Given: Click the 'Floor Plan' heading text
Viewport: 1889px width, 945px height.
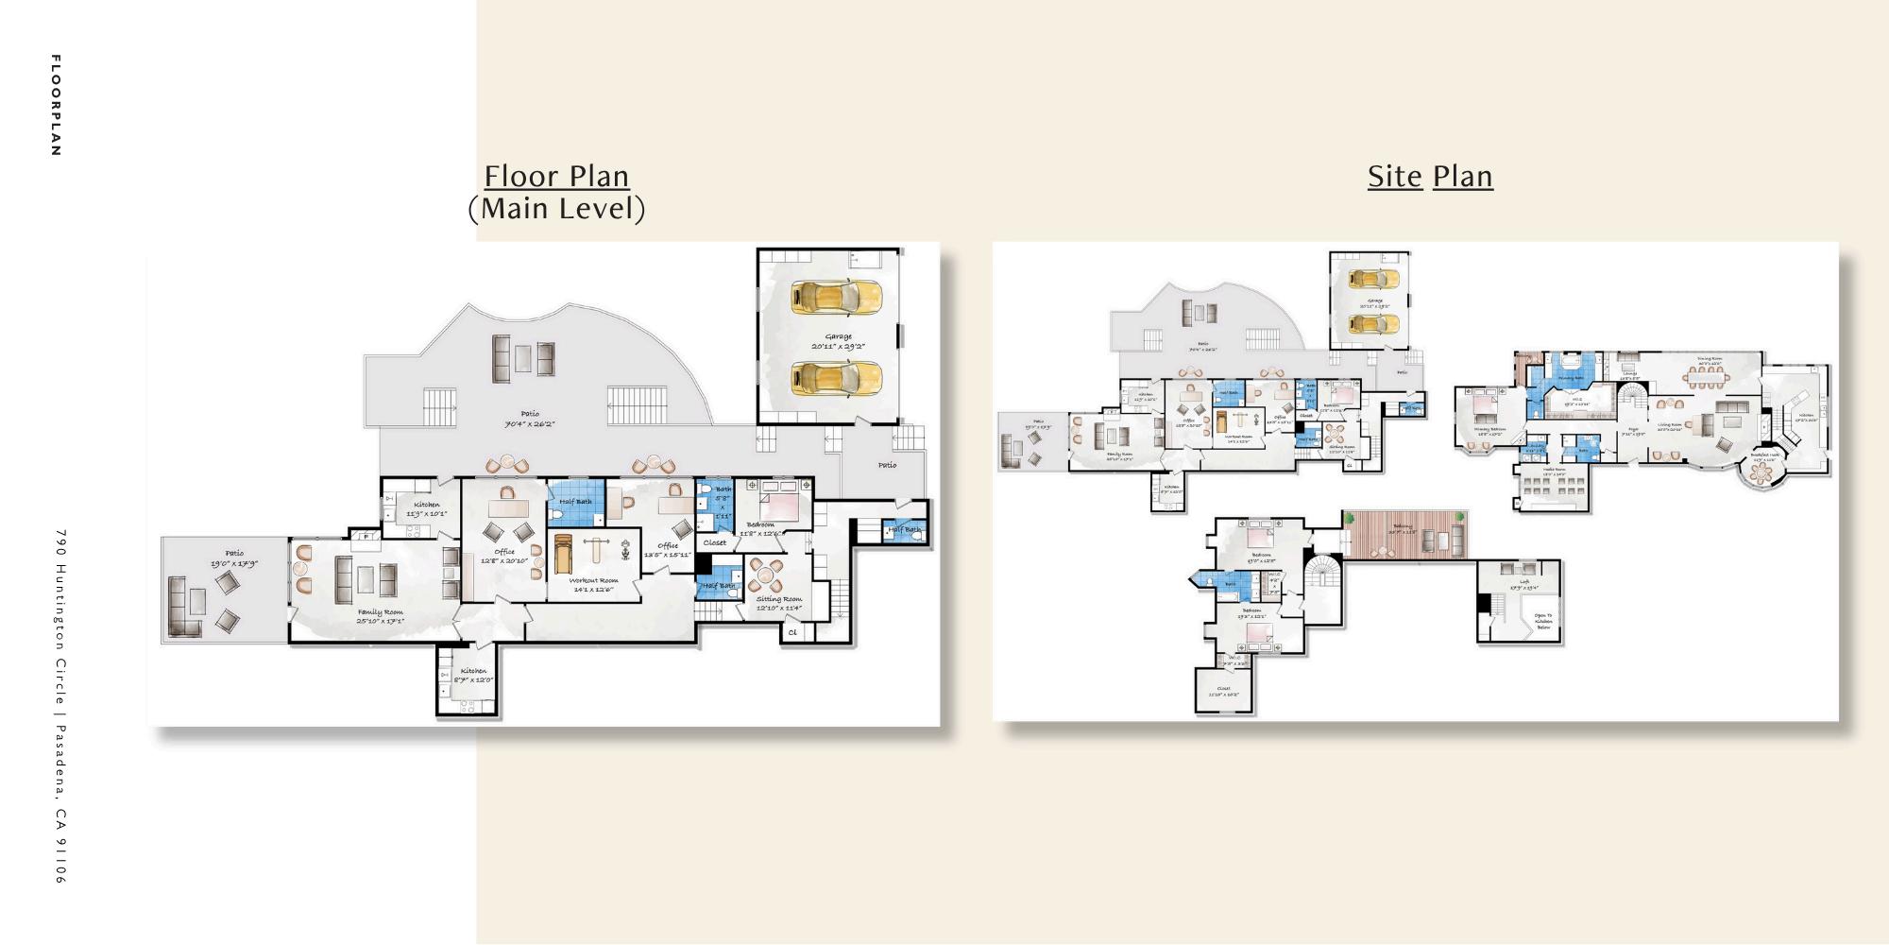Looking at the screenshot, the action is tap(556, 177).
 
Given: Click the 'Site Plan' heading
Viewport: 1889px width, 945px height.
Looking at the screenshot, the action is tap(1430, 177).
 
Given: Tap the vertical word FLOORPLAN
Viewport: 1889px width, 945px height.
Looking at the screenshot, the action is tap(56, 105).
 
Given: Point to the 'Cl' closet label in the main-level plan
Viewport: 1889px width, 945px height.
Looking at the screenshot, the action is tap(792, 632).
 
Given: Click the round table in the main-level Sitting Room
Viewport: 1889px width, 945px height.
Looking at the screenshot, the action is tap(766, 574).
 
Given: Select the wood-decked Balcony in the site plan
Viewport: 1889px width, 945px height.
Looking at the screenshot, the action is tap(1405, 535).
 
